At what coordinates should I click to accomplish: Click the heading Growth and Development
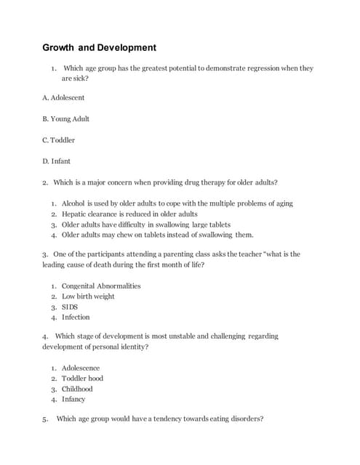(x=99, y=48)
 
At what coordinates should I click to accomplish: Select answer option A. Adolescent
(x=63, y=97)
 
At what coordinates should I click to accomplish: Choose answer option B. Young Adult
(x=66, y=118)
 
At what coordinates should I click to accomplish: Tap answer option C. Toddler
(x=59, y=139)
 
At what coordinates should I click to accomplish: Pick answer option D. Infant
(x=57, y=161)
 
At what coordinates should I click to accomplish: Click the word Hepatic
(x=76, y=214)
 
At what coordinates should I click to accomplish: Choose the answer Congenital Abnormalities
(x=101, y=286)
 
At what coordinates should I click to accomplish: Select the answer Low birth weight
(x=88, y=296)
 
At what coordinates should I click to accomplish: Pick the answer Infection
(x=76, y=317)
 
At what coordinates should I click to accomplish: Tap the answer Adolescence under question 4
(x=81, y=368)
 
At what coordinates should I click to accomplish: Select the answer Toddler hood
(x=82, y=378)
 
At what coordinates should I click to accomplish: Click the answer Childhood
(x=77, y=389)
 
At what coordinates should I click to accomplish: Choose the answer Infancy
(x=73, y=399)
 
